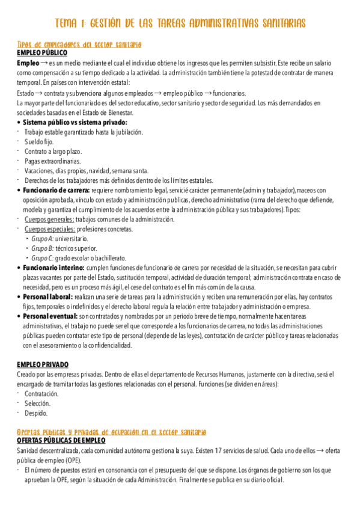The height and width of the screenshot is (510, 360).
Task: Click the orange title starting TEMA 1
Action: tap(180, 23)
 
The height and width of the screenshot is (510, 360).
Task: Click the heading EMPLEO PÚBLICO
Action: tap(43, 53)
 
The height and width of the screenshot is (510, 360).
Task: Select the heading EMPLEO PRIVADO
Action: tap(43, 364)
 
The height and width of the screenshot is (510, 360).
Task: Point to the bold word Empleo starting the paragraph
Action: tap(28, 63)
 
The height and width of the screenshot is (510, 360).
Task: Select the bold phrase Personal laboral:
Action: tap(47, 296)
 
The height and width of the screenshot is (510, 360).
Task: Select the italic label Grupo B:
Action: tap(43, 248)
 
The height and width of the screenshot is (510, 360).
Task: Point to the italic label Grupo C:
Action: tap(43, 258)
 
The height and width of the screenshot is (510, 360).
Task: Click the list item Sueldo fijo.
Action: tap(39, 141)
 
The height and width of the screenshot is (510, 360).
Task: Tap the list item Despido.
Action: tap(35, 413)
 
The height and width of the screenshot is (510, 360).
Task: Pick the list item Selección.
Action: tap(37, 404)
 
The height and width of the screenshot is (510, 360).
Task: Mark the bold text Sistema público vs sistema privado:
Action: tap(75, 122)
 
